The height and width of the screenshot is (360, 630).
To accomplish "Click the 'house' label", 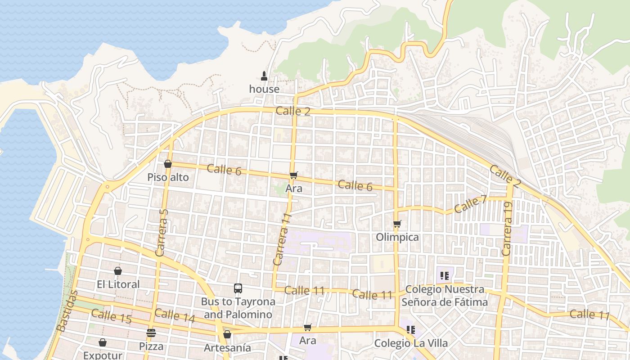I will coord(264,89).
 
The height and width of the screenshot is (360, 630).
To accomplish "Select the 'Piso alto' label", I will coord(168,177).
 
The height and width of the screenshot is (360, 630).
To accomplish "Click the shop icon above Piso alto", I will coord(168,164).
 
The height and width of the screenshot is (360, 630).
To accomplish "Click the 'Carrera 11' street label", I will coord(282,239).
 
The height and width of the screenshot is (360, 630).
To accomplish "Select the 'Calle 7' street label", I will coord(470,205).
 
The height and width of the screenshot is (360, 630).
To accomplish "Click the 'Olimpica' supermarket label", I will coord(397,237).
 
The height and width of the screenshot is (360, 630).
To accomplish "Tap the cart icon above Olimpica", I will coord(397,224).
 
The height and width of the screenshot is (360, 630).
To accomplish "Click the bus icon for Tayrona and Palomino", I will coord(238,288).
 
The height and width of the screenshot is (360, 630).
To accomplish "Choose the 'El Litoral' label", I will coord(118,284).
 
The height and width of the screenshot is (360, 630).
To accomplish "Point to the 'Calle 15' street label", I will coord(111,316).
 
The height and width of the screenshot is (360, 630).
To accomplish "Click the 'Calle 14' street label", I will coord(175,316).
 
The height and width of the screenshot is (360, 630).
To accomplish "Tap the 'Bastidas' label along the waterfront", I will coord(67,311).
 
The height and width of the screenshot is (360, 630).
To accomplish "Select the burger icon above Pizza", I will coord(151,333).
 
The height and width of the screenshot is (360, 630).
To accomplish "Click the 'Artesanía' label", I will coord(227,348).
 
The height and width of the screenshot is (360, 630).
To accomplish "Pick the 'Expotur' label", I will coord(103,355).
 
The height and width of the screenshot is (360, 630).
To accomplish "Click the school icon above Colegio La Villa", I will coord(410,330).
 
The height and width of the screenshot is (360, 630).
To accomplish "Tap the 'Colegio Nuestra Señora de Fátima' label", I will coord(445,296).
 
